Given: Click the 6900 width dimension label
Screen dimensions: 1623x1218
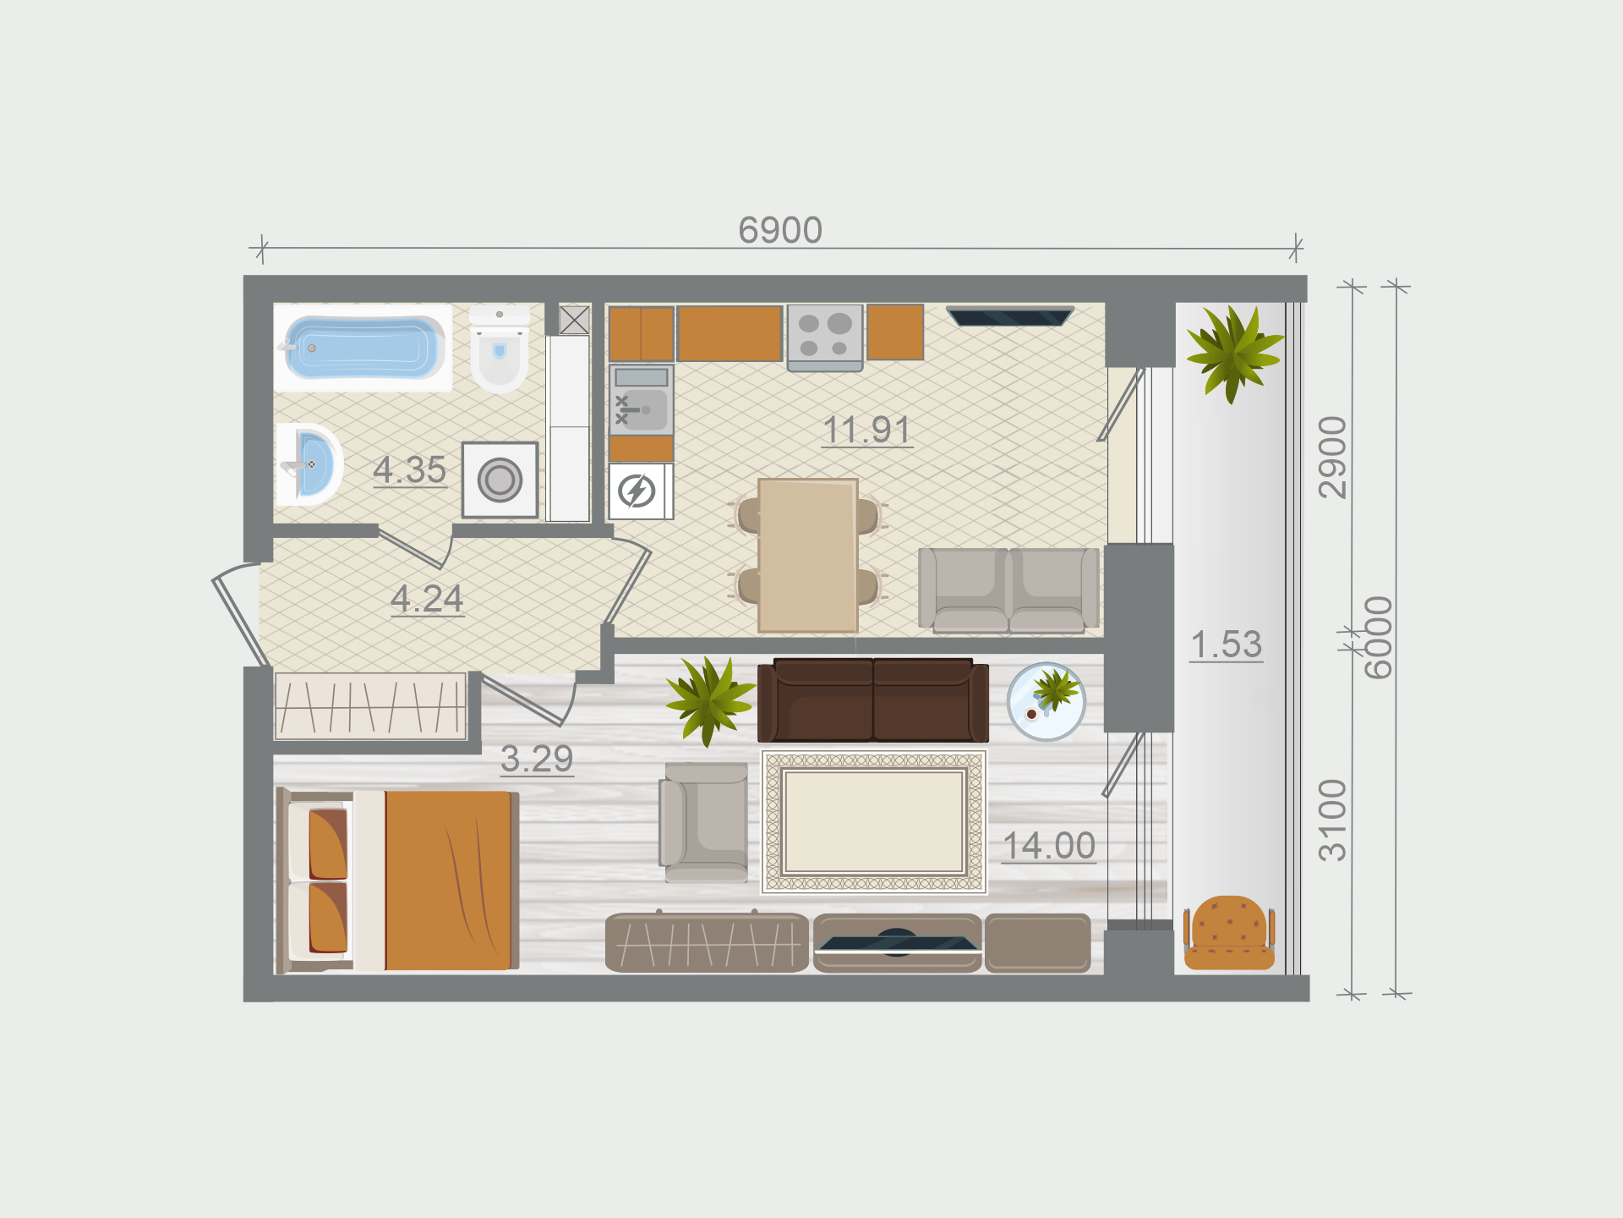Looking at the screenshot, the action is click(x=780, y=230).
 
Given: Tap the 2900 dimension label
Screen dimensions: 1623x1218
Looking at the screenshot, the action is click(x=1333, y=458).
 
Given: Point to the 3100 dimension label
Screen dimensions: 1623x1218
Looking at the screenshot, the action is click(x=1333, y=820).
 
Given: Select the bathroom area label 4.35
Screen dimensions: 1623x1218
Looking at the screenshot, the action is click(x=410, y=470).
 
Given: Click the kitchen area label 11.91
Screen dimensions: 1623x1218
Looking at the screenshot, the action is click(x=867, y=430).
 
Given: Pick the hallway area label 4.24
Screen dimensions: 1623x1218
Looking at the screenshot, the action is click(x=428, y=599).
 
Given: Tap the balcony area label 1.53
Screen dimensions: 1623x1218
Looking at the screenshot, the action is click(x=1227, y=645).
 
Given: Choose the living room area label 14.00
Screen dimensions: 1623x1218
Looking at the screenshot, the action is click(x=1049, y=846).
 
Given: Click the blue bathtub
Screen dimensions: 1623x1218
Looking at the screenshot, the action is click(x=363, y=348).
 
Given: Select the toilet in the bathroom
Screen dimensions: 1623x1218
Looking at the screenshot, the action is click(x=500, y=348).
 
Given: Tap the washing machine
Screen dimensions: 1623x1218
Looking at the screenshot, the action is click(x=500, y=480).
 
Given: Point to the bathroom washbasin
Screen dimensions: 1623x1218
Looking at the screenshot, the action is click(x=309, y=464).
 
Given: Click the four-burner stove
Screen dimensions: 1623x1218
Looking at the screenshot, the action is click(x=825, y=337).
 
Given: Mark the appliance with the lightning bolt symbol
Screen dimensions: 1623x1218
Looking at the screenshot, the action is click(x=641, y=491).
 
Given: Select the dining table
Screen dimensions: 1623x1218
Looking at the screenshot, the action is click(x=808, y=556).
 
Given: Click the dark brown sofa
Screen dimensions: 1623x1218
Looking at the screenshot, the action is click(x=873, y=700).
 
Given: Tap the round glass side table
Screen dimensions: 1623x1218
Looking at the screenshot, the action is click(x=1046, y=702).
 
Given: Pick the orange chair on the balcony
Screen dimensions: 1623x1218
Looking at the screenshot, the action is click(x=1229, y=933).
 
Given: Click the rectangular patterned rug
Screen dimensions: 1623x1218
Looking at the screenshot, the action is click(x=874, y=821).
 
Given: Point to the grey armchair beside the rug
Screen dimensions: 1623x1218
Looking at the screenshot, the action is click(x=703, y=822).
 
